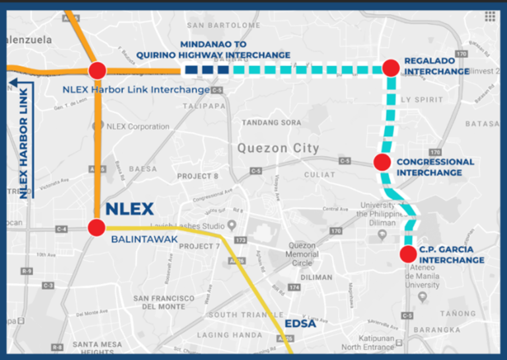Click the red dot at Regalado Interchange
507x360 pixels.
(391, 67)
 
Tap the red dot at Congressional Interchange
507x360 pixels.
(382, 162)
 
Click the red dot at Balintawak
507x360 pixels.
(97, 228)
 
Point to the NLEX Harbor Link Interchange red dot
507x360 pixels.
(97, 71)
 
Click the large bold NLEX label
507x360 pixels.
(129, 209)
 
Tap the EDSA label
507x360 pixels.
(300, 324)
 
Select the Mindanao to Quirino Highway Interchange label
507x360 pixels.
(213, 49)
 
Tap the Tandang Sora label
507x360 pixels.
(271, 123)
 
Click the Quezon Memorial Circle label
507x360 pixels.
(302, 254)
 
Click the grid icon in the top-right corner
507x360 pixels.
(490, 17)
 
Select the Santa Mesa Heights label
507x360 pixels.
(98, 344)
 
